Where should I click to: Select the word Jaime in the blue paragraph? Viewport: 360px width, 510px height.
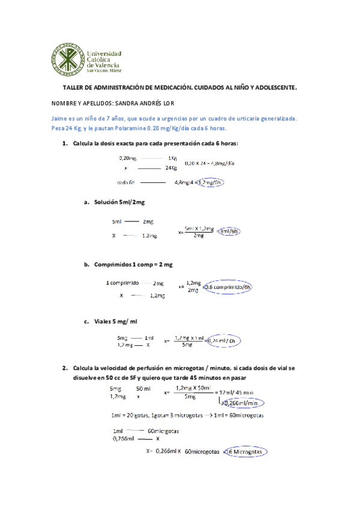point(61,119)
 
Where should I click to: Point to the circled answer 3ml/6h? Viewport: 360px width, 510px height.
point(229,231)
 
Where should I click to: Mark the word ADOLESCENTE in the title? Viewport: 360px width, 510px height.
point(270,88)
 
